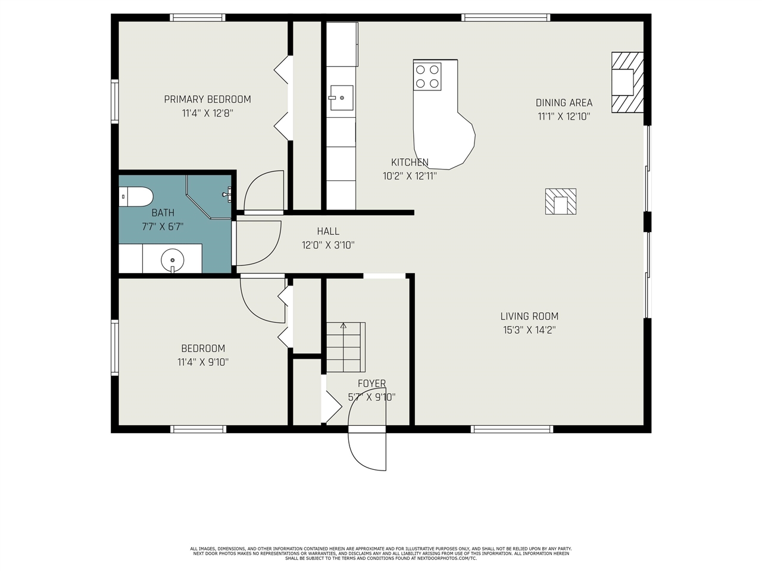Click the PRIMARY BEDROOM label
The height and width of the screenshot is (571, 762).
[207, 99]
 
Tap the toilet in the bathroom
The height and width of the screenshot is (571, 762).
[136, 197]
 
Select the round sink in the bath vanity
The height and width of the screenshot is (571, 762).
[172, 259]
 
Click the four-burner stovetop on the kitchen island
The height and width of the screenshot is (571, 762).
[427, 76]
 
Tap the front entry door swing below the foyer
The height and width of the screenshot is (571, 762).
[367, 448]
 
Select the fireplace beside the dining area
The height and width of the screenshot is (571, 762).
[627, 82]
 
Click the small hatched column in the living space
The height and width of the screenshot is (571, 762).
[561, 202]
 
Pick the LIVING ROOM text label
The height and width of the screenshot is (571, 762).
[529, 316]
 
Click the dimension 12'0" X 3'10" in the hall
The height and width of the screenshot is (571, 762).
[328, 244]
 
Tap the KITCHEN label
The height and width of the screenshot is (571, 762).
[410, 162]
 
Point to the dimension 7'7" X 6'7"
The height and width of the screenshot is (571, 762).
[163, 226]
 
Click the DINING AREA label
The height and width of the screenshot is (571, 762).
[564, 103]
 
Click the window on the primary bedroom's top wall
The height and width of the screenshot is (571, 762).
[198, 18]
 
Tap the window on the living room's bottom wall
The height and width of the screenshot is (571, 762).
[512, 429]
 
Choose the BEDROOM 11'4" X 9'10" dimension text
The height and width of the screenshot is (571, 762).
[203, 362]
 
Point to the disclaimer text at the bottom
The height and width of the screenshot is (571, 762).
[381, 553]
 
